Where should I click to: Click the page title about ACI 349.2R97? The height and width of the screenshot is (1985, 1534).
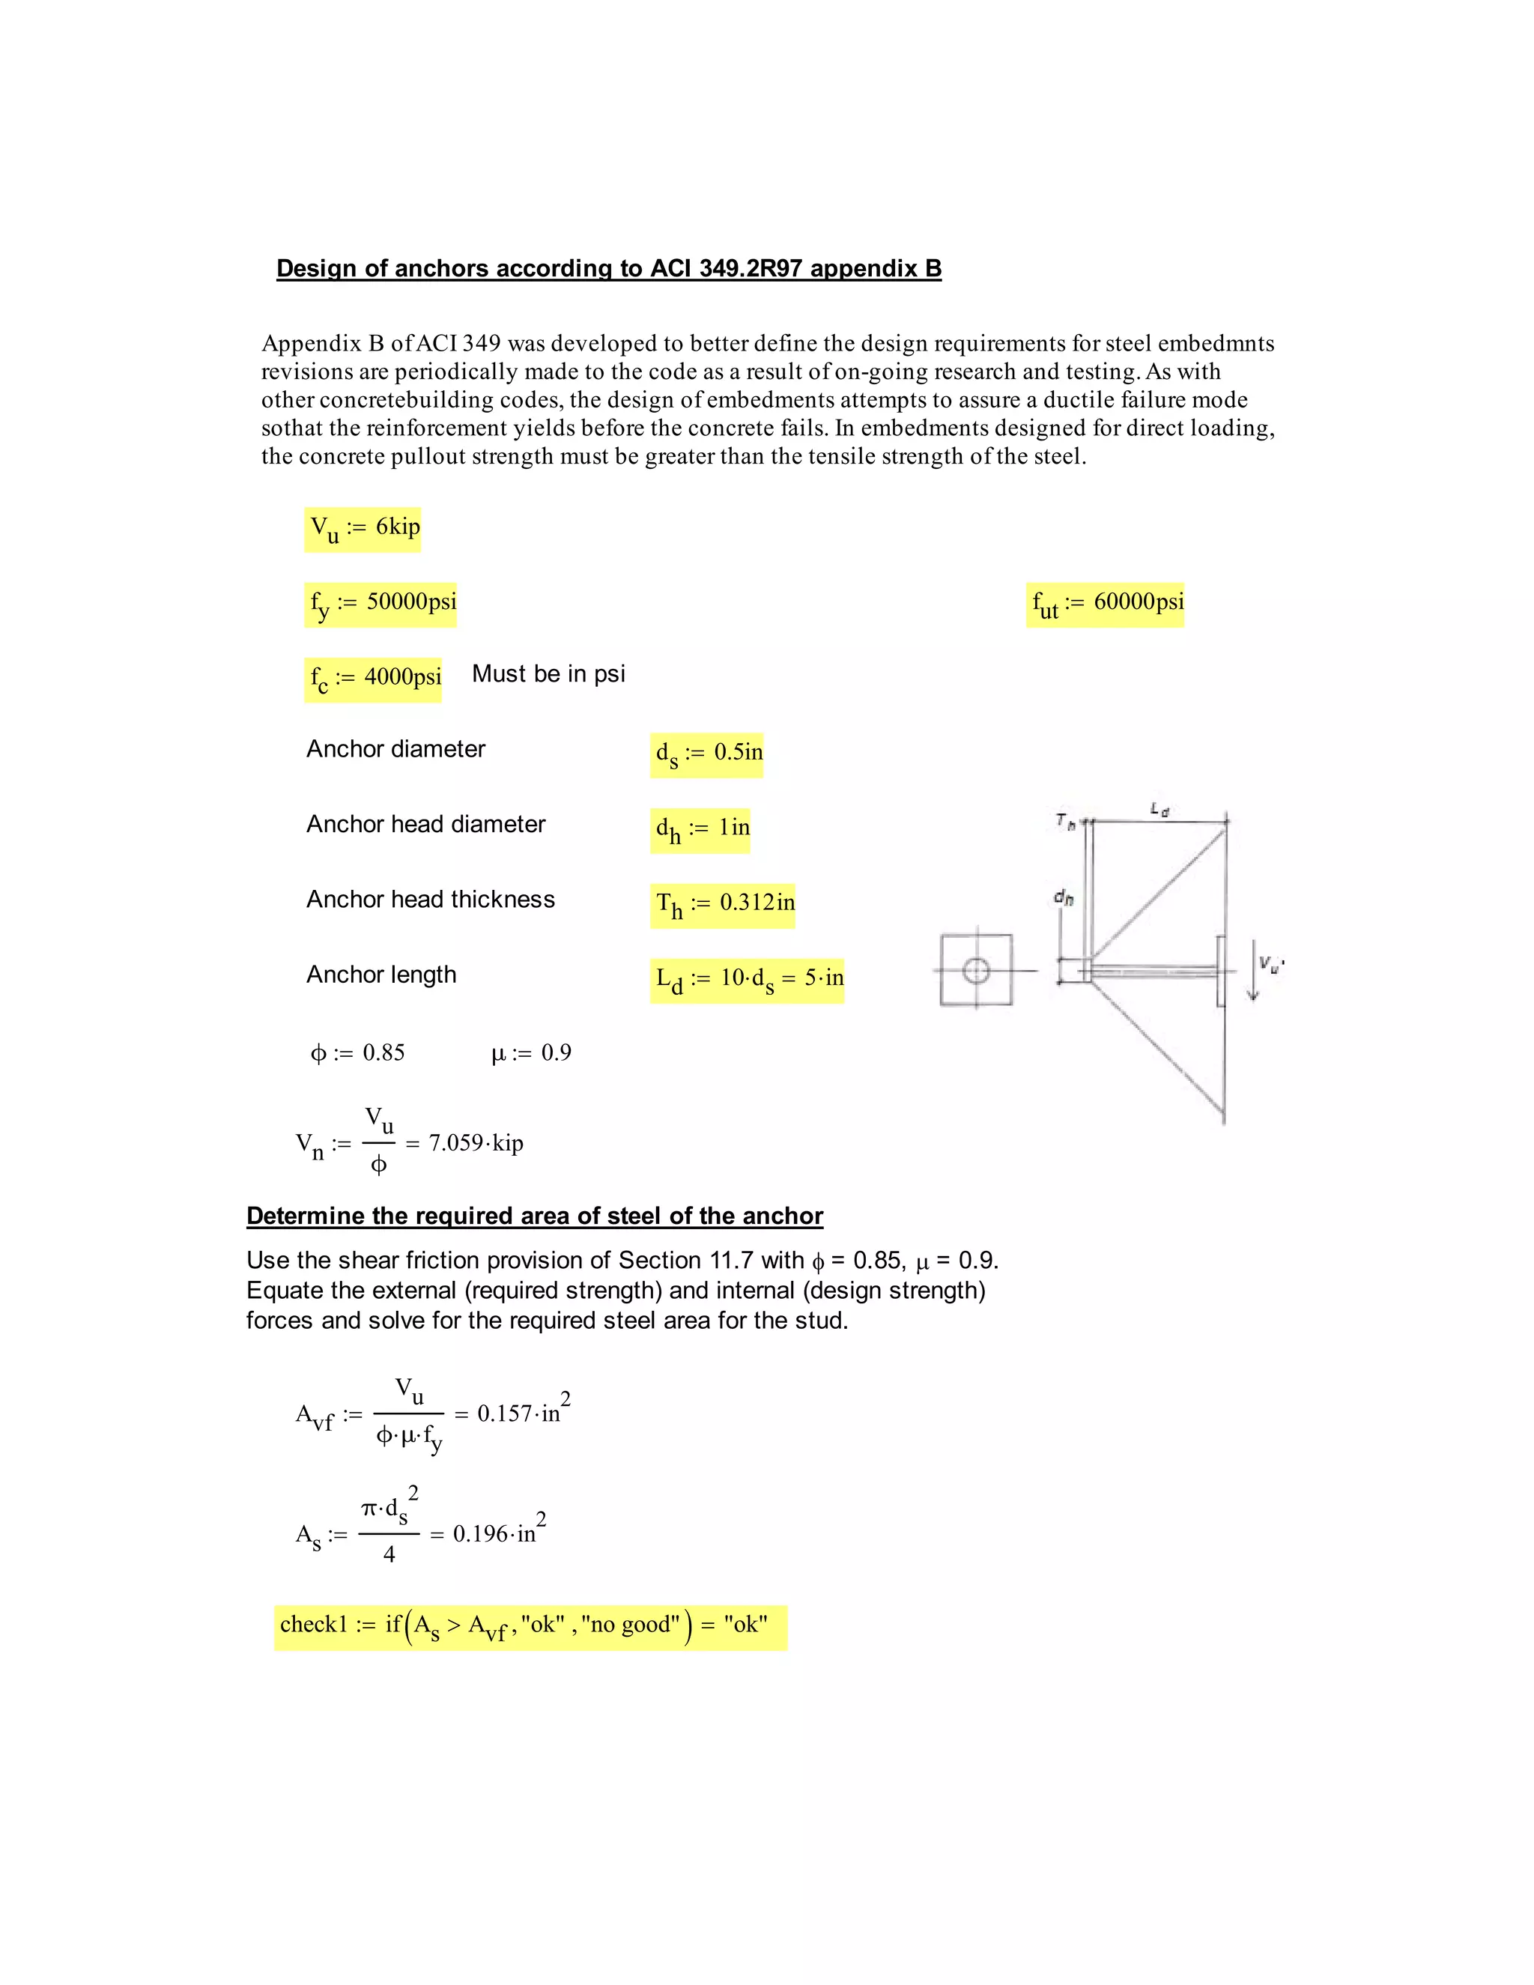click(x=608, y=268)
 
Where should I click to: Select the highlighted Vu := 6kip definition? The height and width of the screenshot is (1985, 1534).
click(x=363, y=529)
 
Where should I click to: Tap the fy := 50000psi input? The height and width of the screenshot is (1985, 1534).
click(x=381, y=604)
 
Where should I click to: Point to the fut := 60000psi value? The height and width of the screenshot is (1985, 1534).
click(x=1105, y=604)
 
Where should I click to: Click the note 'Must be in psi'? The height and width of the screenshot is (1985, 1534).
click(x=548, y=673)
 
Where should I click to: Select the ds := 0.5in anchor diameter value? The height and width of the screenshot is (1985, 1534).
click(x=707, y=754)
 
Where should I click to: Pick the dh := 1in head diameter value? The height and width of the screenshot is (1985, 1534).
click(x=700, y=830)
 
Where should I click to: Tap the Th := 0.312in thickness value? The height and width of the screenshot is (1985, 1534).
click(x=724, y=904)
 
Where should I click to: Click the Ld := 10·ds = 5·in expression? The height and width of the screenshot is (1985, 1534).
click(x=747, y=980)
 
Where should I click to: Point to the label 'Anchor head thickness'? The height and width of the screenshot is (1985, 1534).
click(x=430, y=899)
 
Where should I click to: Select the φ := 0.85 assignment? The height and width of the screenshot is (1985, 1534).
click(x=357, y=1052)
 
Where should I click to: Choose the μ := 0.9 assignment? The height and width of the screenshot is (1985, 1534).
click(x=531, y=1052)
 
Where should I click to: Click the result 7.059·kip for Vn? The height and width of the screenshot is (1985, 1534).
click(x=476, y=1142)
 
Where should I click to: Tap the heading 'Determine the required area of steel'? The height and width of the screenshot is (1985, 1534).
click(x=534, y=1216)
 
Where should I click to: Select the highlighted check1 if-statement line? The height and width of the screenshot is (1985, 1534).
click(x=530, y=1627)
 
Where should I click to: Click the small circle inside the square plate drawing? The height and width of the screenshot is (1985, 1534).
click(x=976, y=971)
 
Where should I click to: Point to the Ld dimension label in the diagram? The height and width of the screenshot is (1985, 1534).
click(x=1159, y=808)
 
